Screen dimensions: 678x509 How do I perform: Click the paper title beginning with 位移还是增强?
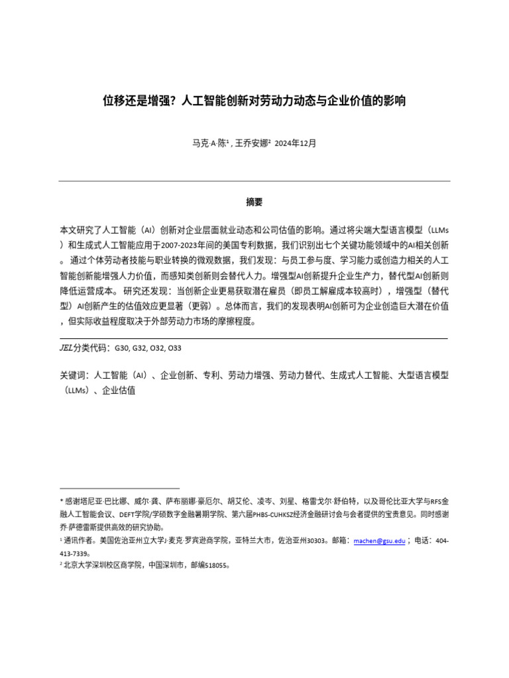click(254, 101)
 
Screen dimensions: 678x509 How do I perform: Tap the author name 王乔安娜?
click(251, 143)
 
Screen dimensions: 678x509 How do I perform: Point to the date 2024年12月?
click(295, 143)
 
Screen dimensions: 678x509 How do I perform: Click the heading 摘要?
click(254, 202)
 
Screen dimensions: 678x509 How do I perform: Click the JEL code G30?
click(123, 348)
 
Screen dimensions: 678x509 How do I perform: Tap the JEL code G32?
click(140, 348)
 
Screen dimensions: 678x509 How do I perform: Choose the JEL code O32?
click(158, 348)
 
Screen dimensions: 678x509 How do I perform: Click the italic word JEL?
click(66, 348)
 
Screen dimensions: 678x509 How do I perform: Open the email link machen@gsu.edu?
click(379, 541)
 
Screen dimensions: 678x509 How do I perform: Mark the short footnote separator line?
click(119, 488)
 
